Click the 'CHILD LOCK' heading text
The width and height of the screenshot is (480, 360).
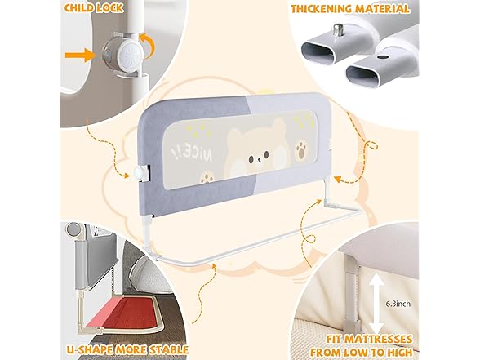click(x=94, y=7)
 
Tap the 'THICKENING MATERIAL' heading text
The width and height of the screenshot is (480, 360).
click(x=350, y=8)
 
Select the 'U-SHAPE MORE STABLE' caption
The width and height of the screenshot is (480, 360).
click(x=127, y=349)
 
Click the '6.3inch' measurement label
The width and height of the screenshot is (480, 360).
click(x=398, y=304)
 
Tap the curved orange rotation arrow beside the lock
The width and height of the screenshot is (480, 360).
click(x=148, y=45)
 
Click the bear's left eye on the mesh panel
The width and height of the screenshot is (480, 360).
click(x=251, y=159)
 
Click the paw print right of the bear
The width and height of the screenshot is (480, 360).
click(x=302, y=149)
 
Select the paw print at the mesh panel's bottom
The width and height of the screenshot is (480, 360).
click(x=207, y=178)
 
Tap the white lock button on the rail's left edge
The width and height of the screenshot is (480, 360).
click(x=140, y=174)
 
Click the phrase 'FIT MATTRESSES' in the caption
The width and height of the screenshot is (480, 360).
click(x=369, y=340)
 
